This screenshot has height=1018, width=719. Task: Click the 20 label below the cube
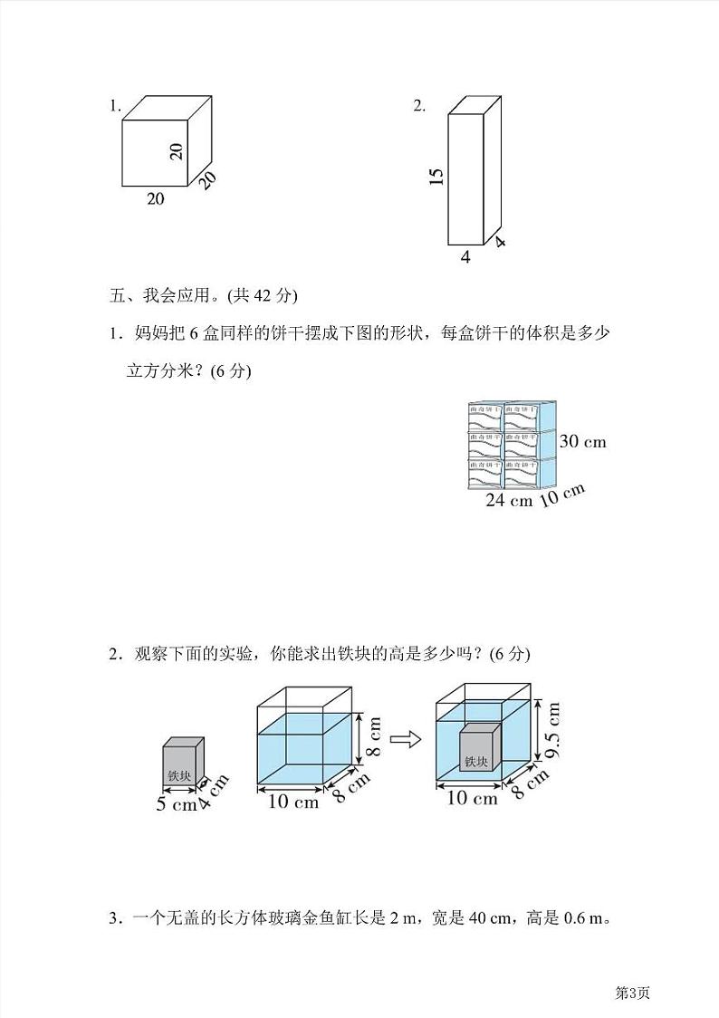pos(156,199)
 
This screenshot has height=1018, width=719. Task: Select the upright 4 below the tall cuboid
pos(465,257)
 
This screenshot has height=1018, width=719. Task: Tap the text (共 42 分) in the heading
pos(263,295)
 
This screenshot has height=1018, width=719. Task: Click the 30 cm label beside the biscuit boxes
pos(582,442)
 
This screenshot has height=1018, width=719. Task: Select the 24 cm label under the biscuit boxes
pos(509,501)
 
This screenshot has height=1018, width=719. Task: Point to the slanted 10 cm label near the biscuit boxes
pos(562,495)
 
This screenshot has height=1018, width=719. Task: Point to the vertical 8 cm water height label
pos(374,735)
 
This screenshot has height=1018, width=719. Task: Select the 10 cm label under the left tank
pos(292,802)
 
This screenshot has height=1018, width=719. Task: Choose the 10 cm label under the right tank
pos(473,798)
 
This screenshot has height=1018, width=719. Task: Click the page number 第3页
pos(633,992)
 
